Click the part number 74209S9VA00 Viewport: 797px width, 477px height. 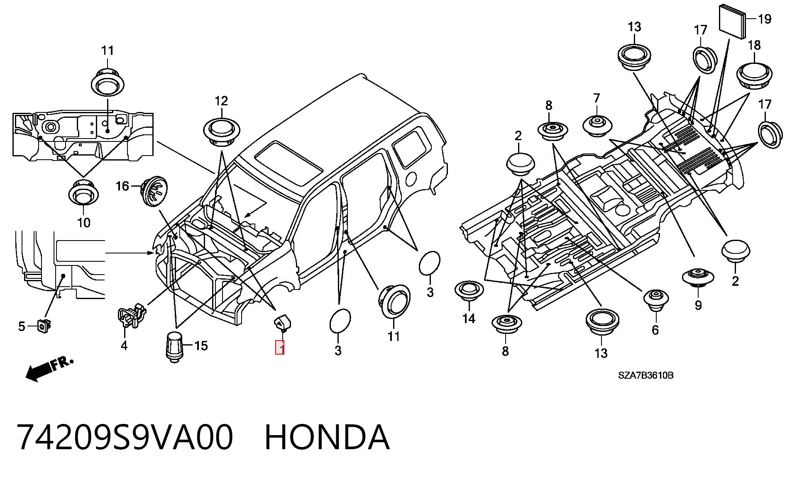pos(125,437)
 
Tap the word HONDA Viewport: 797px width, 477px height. pos(327,437)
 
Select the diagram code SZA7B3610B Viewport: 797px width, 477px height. pos(646,375)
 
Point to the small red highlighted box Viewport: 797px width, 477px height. pos(280,347)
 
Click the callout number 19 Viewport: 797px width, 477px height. pos(764,19)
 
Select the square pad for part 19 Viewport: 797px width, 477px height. pos(733,21)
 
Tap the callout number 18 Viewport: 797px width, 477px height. pos(754,45)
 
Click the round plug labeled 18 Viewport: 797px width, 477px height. pos(754,76)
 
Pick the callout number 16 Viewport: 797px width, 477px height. pos(122,186)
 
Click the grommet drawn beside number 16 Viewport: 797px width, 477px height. pos(154,191)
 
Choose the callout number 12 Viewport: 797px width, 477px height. pos(221,101)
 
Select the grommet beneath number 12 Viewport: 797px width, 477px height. pos(222,131)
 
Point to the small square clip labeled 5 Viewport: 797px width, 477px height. pos(44,325)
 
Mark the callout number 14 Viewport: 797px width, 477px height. pos(469,319)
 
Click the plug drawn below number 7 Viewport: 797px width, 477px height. pos(597,126)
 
